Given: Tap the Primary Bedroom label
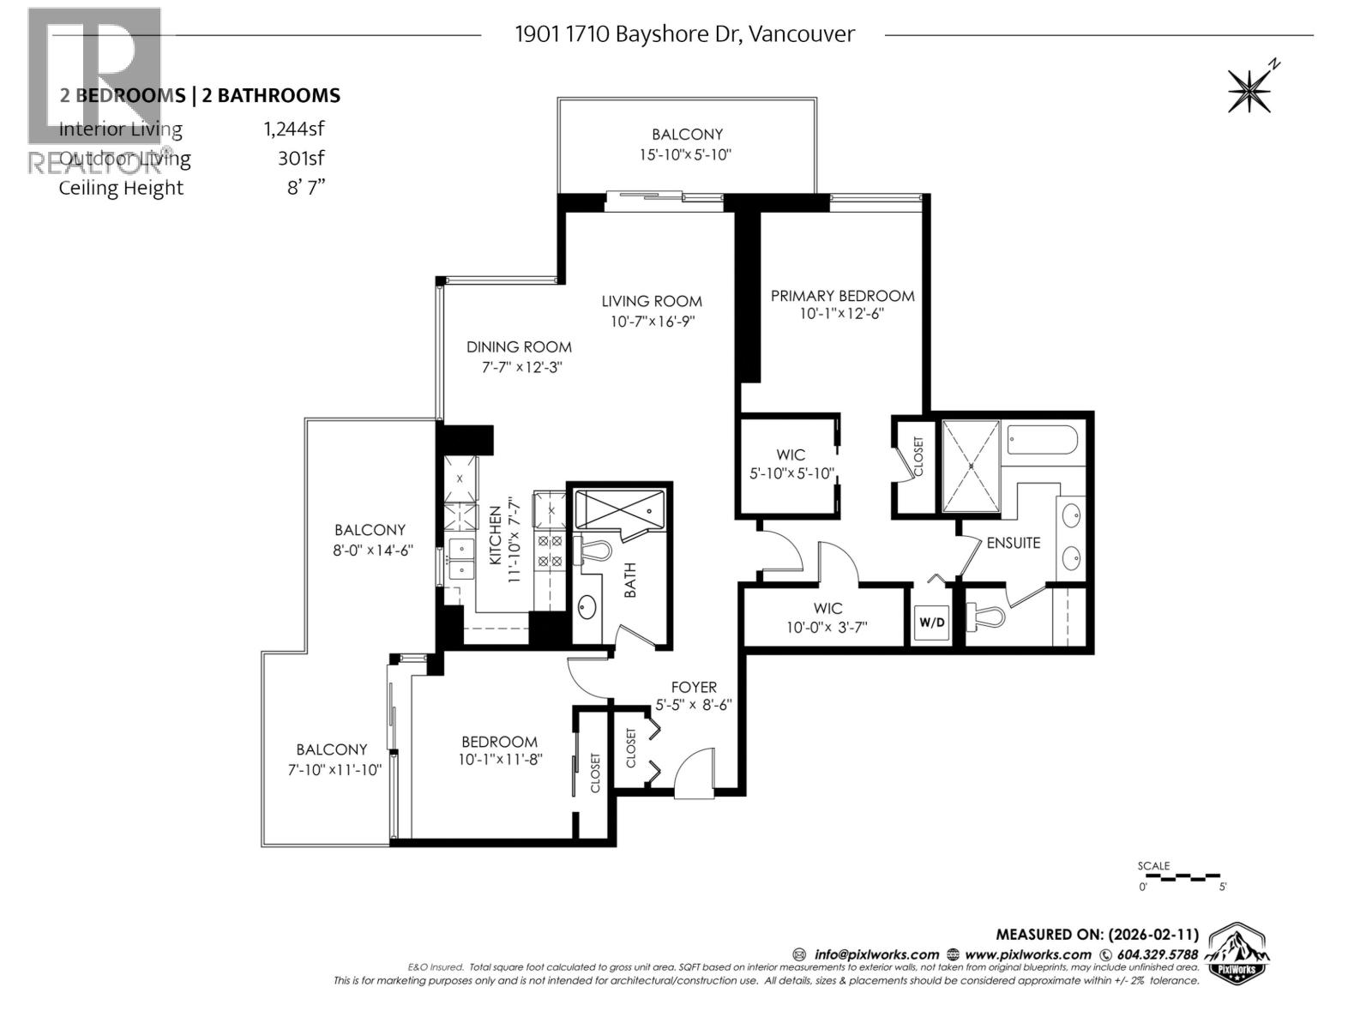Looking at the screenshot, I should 842,296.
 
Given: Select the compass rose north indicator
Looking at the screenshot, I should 1252,88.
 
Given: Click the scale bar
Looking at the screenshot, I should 1182,877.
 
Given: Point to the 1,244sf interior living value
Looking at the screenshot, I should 294,129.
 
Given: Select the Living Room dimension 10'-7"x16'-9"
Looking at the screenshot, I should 652,322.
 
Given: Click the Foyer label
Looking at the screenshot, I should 694,687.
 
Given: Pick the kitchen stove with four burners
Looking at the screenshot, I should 549,551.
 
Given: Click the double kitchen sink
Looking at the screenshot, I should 461,558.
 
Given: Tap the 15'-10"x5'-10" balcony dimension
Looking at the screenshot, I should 687,154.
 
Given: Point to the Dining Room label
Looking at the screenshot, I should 519,347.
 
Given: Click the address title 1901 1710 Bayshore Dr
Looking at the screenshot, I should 683,34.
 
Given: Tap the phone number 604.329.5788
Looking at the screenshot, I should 1154,954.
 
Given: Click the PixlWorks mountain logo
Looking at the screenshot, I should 1237,950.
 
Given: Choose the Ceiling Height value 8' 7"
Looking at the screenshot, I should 306,188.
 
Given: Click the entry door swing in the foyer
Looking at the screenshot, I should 693,772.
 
